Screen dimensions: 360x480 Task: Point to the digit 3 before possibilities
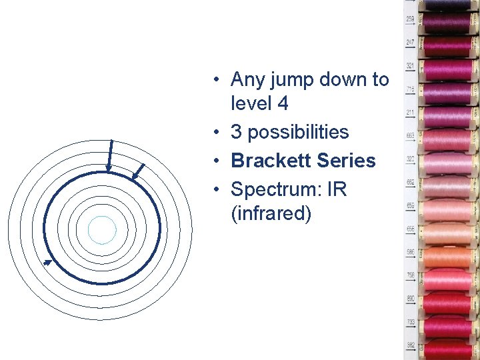point(236,132)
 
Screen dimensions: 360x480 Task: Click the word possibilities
point(298,132)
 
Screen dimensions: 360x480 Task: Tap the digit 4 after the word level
point(283,103)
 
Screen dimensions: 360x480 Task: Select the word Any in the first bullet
point(247,79)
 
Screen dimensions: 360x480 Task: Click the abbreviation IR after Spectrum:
point(337,189)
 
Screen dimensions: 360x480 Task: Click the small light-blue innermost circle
point(102,231)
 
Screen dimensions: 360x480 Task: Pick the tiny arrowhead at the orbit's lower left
point(47,263)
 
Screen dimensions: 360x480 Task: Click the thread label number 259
point(410,19)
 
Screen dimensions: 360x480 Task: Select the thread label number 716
point(410,89)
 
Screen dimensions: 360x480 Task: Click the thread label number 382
point(410,345)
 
